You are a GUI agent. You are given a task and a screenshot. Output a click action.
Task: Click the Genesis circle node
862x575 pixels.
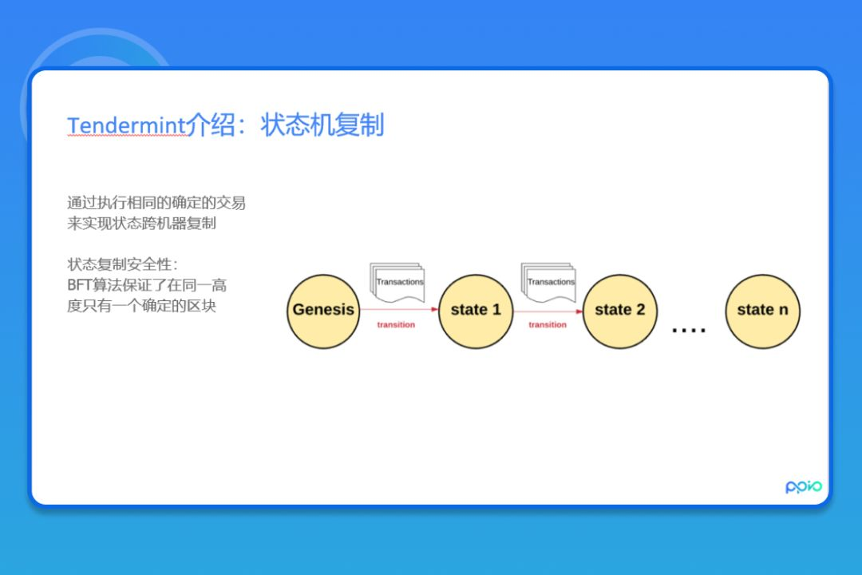(323, 311)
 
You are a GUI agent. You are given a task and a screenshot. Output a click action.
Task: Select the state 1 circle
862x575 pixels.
(476, 311)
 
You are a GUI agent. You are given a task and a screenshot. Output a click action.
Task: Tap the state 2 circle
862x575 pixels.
(619, 311)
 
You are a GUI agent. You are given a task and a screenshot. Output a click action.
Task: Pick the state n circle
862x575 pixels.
(762, 311)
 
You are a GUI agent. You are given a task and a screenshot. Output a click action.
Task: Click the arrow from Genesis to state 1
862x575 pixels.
(399, 310)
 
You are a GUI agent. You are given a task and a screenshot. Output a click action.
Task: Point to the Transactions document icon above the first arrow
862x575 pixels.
(397, 283)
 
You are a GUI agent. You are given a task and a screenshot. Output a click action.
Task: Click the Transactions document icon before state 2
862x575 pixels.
(549, 283)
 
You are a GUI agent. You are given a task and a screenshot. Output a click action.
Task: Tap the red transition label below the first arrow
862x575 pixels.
(397, 325)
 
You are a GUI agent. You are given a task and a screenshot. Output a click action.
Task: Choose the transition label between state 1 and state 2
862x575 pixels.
(548, 325)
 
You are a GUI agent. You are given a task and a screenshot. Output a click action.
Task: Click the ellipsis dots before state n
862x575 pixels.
(689, 329)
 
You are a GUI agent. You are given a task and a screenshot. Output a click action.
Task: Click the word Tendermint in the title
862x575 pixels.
(126, 126)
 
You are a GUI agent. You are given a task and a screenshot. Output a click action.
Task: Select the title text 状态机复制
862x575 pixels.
(322, 125)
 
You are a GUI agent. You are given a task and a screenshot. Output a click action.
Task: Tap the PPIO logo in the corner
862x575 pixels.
(803, 486)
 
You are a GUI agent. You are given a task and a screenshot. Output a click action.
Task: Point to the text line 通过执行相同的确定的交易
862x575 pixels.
(156, 203)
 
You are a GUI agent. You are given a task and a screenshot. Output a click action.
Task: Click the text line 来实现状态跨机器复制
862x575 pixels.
(141, 224)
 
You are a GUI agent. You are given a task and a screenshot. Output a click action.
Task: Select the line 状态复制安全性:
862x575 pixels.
(122, 264)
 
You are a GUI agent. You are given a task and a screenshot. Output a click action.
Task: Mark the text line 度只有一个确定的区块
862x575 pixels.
(141, 306)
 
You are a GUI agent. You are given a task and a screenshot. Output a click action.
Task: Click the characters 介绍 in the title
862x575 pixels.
(210, 125)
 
